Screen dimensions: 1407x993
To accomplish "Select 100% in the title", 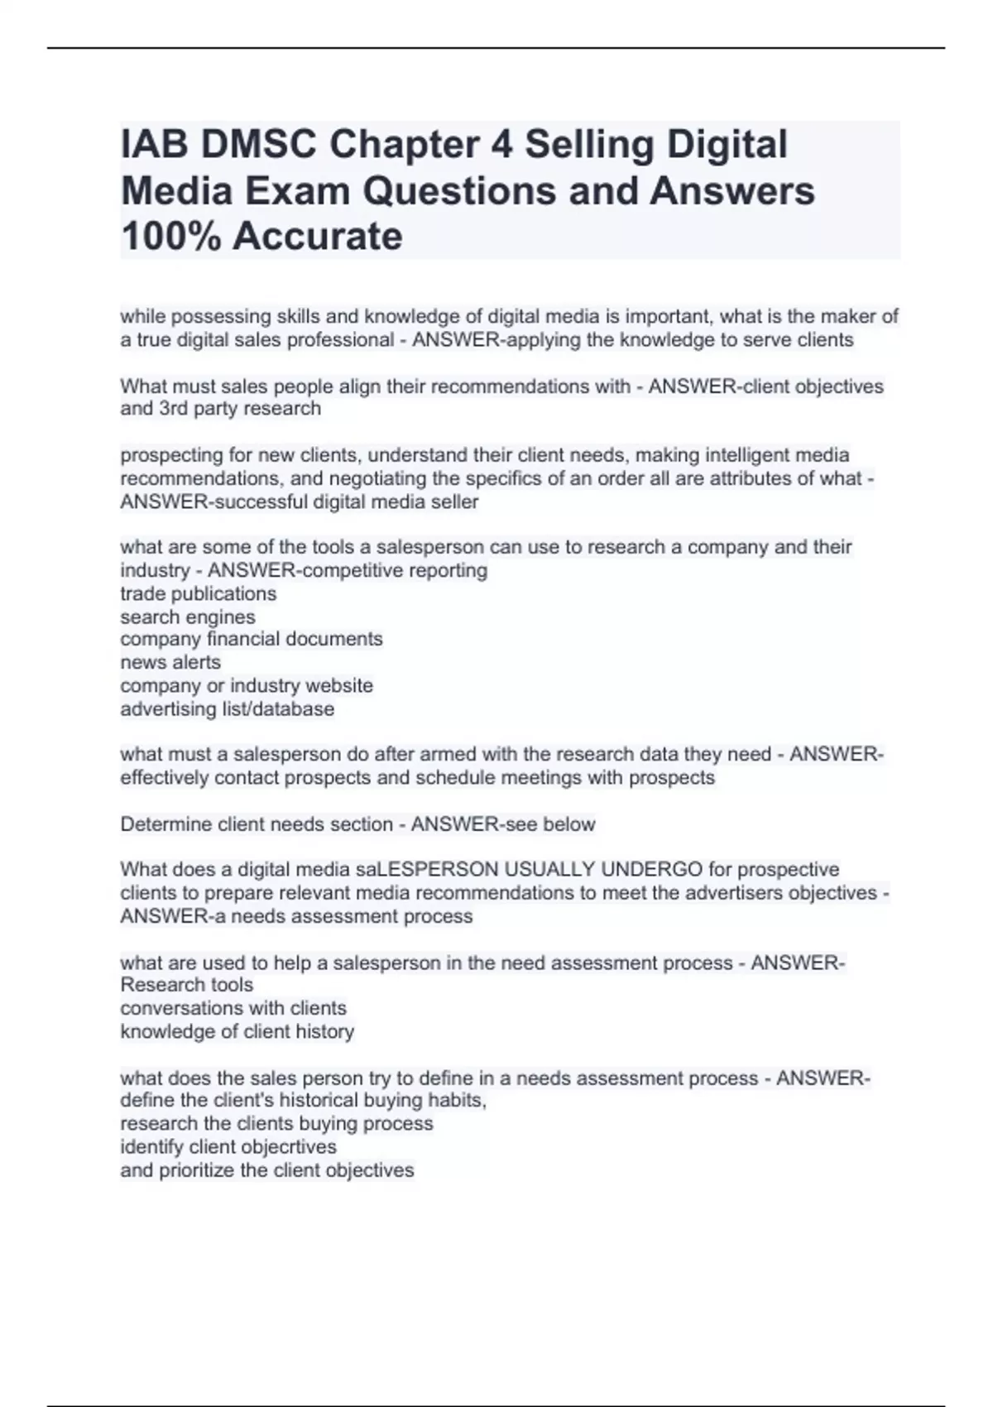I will (x=170, y=237).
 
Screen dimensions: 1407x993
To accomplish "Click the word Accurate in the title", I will (x=318, y=237).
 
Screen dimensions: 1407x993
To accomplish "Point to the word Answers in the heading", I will (x=732, y=191).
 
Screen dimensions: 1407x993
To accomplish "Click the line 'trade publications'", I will (x=199, y=593).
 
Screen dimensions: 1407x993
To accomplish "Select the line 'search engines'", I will (x=188, y=617).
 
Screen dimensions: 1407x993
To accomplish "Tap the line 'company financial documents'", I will (x=252, y=639).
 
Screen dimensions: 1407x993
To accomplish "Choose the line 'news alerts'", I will (x=170, y=662).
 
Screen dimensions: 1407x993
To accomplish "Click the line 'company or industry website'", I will (x=247, y=685).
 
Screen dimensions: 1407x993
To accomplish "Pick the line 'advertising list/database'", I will (x=228, y=708).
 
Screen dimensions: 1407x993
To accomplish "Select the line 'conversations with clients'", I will (x=233, y=1008).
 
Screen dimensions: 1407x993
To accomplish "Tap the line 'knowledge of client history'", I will (x=237, y=1031).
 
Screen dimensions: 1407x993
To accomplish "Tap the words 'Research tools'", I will (x=187, y=985).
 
